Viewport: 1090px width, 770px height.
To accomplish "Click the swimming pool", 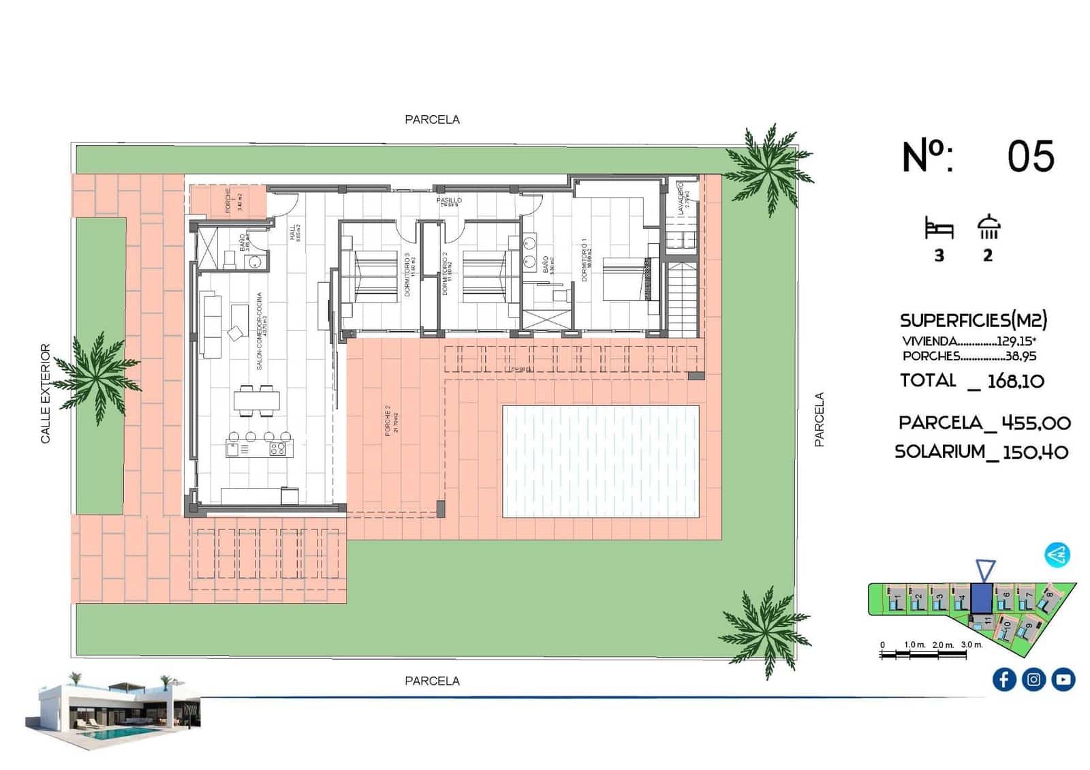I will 600,461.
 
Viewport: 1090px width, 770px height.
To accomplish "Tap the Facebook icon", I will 1003,679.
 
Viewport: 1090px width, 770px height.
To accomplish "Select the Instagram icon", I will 1033,679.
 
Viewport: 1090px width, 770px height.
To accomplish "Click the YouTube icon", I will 1063,679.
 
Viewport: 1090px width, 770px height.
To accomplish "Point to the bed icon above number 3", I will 939,228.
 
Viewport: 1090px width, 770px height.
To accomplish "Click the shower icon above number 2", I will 988,227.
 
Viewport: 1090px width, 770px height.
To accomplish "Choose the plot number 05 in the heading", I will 1030,156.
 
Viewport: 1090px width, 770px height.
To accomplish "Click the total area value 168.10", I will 1015,381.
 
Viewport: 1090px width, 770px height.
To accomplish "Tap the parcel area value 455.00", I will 1036,423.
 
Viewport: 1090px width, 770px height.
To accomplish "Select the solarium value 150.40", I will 1035,452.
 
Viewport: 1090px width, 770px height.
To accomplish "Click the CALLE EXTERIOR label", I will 46,393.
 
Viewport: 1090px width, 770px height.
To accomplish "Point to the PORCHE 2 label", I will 388,420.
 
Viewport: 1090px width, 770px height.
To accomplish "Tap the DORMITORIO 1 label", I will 585,260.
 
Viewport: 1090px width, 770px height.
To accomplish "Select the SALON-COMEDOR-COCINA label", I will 260,332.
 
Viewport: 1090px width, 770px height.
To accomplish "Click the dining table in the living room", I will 256,400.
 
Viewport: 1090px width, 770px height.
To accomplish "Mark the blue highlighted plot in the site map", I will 981,598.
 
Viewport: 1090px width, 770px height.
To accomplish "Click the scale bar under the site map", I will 922,654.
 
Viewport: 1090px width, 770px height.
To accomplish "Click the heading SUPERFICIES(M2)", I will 973,320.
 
